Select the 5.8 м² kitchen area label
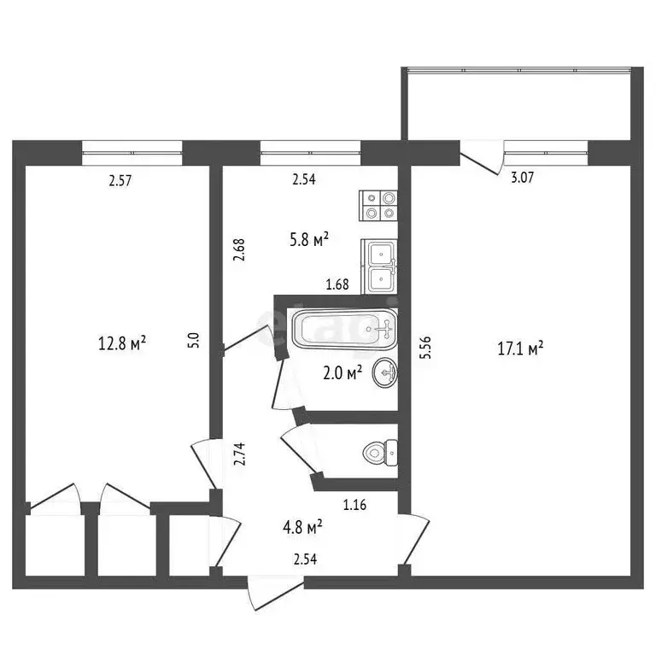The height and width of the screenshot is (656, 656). tap(309, 241)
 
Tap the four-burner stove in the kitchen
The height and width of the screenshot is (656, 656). tap(379, 205)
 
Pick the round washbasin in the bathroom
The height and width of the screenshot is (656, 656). tap(385, 375)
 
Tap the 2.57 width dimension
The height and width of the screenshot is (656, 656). tap(122, 180)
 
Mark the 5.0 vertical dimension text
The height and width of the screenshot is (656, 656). tap(194, 340)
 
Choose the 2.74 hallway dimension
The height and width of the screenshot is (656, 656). tap(240, 451)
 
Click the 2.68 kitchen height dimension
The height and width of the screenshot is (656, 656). tap(240, 249)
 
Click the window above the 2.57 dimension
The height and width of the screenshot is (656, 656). tap(132, 152)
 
